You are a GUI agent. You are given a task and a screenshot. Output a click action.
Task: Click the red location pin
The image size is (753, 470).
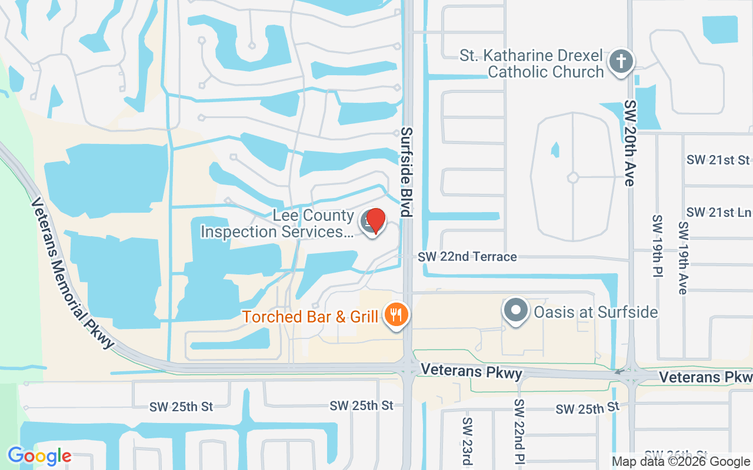(x=375, y=221)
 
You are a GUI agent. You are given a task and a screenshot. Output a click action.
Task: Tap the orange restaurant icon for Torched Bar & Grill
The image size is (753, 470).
(x=397, y=315)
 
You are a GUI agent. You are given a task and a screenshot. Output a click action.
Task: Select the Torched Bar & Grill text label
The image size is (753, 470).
(x=310, y=317)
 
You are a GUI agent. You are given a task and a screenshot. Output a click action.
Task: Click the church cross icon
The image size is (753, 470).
(x=620, y=61)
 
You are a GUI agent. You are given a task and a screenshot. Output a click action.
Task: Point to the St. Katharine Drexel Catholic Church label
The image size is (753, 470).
(x=532, y=64)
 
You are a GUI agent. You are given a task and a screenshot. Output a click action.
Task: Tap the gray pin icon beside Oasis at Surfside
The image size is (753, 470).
(x=516, y=310)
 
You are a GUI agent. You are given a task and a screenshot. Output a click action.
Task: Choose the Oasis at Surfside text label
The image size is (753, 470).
(x=595, y=311)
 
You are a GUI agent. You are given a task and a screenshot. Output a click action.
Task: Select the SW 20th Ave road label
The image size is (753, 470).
(x=630, y=143)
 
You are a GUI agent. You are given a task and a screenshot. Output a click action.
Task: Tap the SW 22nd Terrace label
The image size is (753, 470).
(x=468, y=257)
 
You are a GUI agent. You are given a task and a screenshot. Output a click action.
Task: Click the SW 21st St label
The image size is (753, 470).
(x=718, y=160)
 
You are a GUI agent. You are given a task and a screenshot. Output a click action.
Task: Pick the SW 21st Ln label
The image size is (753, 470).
(x=718, y=212)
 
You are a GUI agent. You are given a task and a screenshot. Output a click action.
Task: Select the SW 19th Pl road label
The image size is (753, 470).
(x=657, y=246)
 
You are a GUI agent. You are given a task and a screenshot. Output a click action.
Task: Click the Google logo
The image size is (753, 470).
(x=39, y=456)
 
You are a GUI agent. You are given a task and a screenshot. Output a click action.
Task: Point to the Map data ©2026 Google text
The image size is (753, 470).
(x=681, y=462)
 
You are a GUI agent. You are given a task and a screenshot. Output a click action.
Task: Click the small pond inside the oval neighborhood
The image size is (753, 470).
(x=555, y=150)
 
